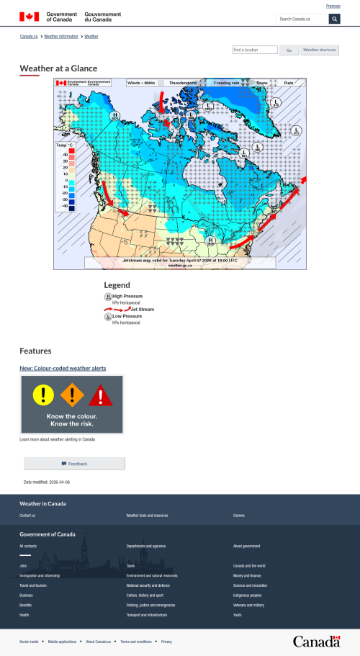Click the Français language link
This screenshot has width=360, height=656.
click(333, 6)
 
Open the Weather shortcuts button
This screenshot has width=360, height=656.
click(320, 50)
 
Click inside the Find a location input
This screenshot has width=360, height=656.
click(255, 50)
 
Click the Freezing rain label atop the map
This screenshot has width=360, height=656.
click(228, 83)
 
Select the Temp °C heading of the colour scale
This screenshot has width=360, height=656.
click(65, 145)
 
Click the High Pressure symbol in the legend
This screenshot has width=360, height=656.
click(108, 297)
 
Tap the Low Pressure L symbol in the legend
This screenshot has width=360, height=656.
click(108, 316)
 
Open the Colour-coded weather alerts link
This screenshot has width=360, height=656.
click(63, 368)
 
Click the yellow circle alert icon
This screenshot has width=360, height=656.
click(44, 394)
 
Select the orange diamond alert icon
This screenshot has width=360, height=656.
click(72, 395)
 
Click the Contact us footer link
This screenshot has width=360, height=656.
click(27, 516)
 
